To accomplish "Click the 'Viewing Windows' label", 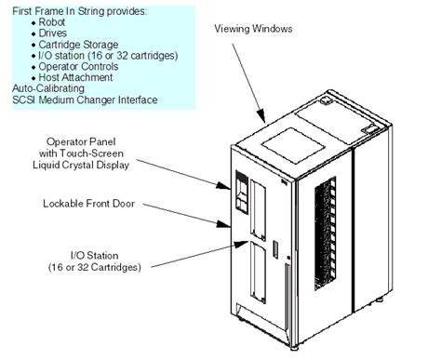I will tap(254, 30).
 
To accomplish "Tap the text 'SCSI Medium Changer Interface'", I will tap(79, 100).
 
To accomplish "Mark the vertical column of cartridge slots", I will tap(324, 237).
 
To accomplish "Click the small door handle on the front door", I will tap(275, 250).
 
